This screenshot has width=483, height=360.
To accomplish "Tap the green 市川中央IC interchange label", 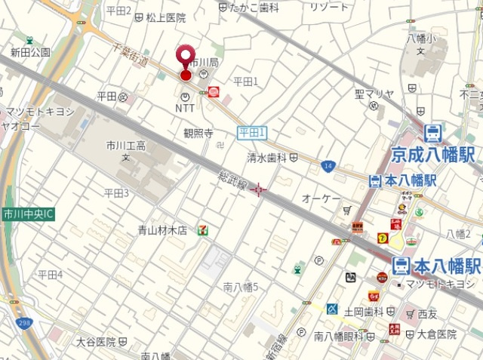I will [x=28, y=214].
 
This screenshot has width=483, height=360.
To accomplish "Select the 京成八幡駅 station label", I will [x=432, y=155].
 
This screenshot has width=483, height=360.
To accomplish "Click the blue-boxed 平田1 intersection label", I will [x=252, y=133].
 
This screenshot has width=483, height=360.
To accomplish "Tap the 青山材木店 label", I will [x=162, y=230].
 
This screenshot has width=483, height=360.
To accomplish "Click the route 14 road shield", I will [x=328, y=165].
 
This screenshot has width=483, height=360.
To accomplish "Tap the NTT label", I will [x=185, y=109].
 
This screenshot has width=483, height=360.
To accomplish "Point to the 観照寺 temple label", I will [x=198, y=133].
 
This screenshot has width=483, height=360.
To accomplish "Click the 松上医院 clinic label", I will [x=166, y=17].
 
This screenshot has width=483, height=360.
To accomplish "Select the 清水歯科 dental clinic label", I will [x=267, y=157].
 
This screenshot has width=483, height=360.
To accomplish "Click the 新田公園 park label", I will [x=30, y=52].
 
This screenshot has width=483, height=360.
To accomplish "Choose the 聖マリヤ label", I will [x=374, y=94].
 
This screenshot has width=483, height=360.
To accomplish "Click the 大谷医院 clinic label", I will [x=95, y=342].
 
